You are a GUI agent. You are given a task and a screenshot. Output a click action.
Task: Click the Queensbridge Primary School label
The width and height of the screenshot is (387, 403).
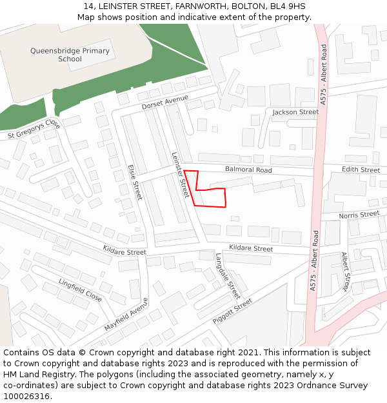(x=70, y=55)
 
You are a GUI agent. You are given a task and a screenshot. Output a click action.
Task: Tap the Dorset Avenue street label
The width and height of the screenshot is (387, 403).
(x=164, y=102)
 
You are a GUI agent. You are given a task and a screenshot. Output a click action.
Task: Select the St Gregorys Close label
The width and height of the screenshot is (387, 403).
(x=34, y=129)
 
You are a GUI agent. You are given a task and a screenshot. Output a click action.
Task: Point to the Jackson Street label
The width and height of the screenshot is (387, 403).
(x=295, y=112)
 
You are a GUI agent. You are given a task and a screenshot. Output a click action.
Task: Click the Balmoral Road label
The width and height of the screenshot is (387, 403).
(x=248, y=170)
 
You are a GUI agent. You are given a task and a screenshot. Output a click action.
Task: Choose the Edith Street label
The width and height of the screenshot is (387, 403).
(x=361, y=170)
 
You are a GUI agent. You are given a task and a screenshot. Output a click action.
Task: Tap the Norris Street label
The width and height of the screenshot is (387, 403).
(x=359, y=214)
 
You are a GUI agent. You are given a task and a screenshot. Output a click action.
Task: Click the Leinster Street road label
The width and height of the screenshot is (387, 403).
(x=180, y=175)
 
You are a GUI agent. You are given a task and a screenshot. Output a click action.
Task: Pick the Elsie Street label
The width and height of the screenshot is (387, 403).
(x=135, y=181)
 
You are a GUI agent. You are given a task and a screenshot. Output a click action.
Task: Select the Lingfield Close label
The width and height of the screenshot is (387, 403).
(x=80, y=291)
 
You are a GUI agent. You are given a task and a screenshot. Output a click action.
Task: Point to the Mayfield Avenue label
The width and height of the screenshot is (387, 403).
(x=126, y=315)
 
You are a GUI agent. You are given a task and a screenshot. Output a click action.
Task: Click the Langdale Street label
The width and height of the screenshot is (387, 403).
(x=228, y=276)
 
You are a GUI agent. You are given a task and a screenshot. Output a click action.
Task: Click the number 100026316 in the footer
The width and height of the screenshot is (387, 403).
(x=26, y=396)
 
